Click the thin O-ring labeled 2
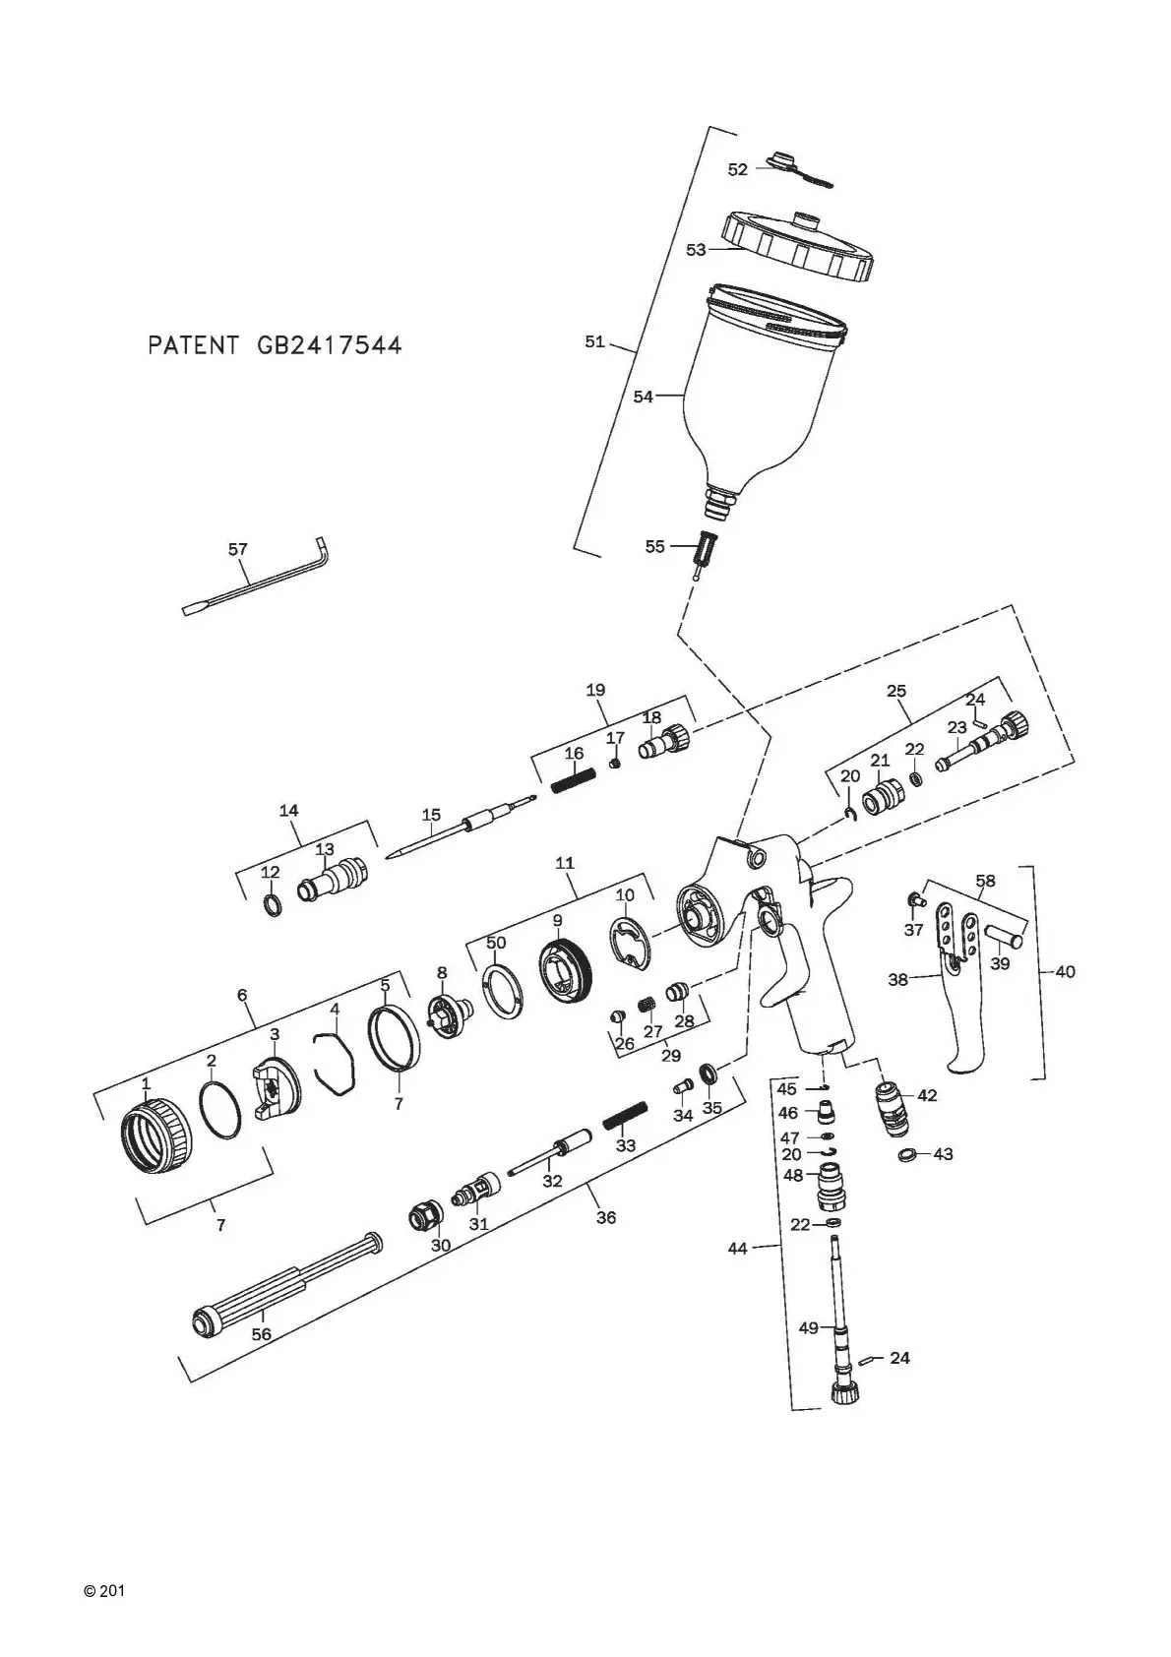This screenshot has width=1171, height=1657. (220, 1111)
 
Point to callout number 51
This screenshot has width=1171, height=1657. (594, 341)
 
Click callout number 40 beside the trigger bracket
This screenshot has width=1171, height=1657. (1065, 971)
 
